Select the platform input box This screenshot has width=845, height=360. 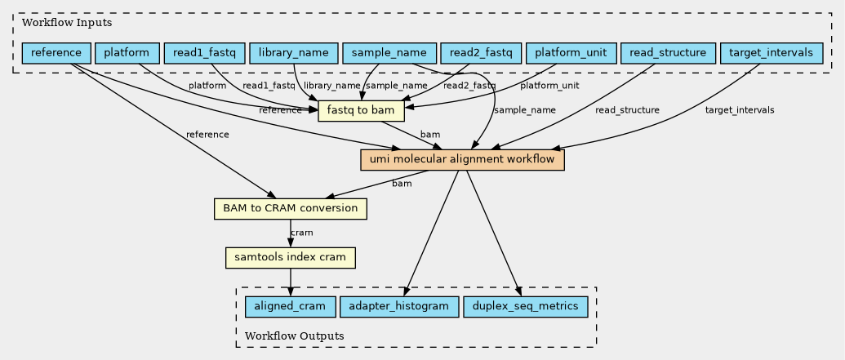(x=127, y=53)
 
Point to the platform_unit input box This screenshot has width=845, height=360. (x=570, y=53)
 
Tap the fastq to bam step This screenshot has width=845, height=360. (x=360, y=110)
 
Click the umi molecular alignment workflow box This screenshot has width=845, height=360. (x=462, y=160)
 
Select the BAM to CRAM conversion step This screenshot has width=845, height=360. (x=290, y=208)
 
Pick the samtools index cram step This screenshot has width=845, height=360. (x=290, y=258)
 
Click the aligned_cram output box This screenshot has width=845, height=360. (x=290, y=307)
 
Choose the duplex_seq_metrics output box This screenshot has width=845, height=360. (x=525, y=307)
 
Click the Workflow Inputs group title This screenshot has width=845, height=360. (x=66, y=22)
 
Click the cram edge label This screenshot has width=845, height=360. (x=301, y=233)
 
